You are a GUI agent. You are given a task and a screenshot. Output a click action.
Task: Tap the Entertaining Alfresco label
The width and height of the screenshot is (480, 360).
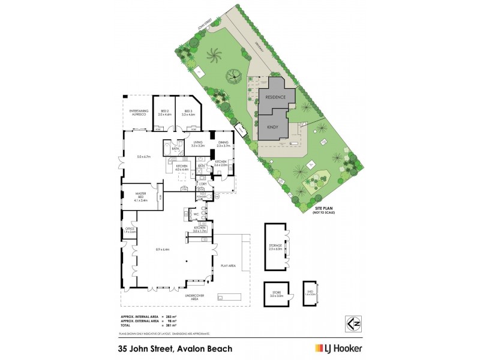[x=139, y=112]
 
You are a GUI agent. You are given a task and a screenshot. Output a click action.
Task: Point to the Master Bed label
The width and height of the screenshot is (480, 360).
[x=141, y=194]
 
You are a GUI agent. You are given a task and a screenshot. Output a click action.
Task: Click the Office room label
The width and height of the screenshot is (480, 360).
[x=130, y=230]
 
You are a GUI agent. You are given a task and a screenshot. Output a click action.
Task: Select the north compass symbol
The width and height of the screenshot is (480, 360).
[x=353, y=322]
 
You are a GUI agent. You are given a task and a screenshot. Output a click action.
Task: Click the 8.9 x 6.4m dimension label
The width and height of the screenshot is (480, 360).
[x=162, y=249]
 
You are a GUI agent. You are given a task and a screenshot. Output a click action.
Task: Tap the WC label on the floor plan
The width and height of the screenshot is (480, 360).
[x=196, y=213]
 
